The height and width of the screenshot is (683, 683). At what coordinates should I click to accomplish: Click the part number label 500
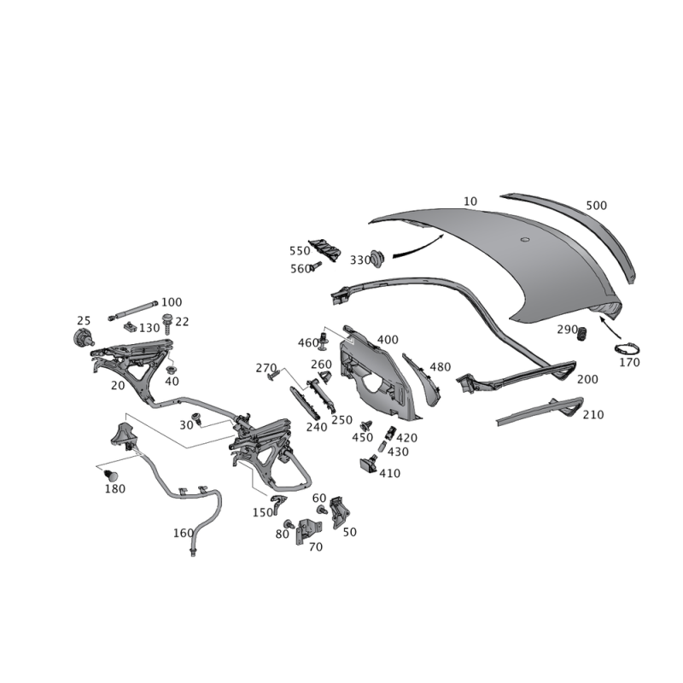(596, 205)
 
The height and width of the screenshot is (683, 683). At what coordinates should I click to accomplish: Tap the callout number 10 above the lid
(470, 201)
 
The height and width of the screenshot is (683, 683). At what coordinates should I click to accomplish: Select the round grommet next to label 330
(377, 259)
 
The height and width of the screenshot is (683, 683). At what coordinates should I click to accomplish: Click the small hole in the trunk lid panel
(525, 239)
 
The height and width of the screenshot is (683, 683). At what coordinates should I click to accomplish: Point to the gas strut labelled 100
(133, 310)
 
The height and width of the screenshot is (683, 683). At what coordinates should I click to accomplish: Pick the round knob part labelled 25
(82, 338)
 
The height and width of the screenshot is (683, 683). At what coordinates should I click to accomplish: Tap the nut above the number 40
(172, 371)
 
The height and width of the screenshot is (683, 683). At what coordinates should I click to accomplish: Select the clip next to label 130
(130, 326)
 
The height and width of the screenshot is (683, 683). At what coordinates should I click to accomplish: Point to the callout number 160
(184, 533)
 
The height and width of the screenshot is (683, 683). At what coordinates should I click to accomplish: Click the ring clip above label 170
(627, 349)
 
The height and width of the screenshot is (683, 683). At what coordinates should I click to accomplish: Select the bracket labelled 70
(308, 531)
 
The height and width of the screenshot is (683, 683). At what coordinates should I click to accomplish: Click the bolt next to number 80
(289, 524)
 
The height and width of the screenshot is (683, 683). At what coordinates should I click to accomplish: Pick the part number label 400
(388, 339)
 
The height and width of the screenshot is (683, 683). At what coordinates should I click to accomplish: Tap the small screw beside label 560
(315, 266)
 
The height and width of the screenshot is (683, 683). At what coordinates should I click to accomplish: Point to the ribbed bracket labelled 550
(325, 250)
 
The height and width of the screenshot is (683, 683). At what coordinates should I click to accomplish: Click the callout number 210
(593, 414)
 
